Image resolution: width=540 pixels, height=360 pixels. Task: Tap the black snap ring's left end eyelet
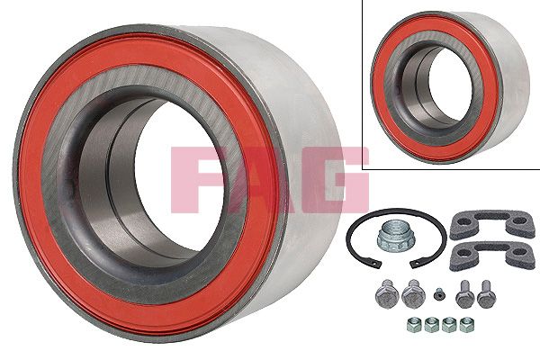point(378,265)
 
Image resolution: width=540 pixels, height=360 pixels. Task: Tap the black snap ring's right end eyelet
point(414,265)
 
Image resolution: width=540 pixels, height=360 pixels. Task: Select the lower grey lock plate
point(492,256)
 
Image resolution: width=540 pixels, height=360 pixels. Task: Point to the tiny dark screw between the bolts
point(438,295)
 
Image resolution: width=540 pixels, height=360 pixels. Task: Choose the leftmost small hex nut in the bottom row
point(412,325)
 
